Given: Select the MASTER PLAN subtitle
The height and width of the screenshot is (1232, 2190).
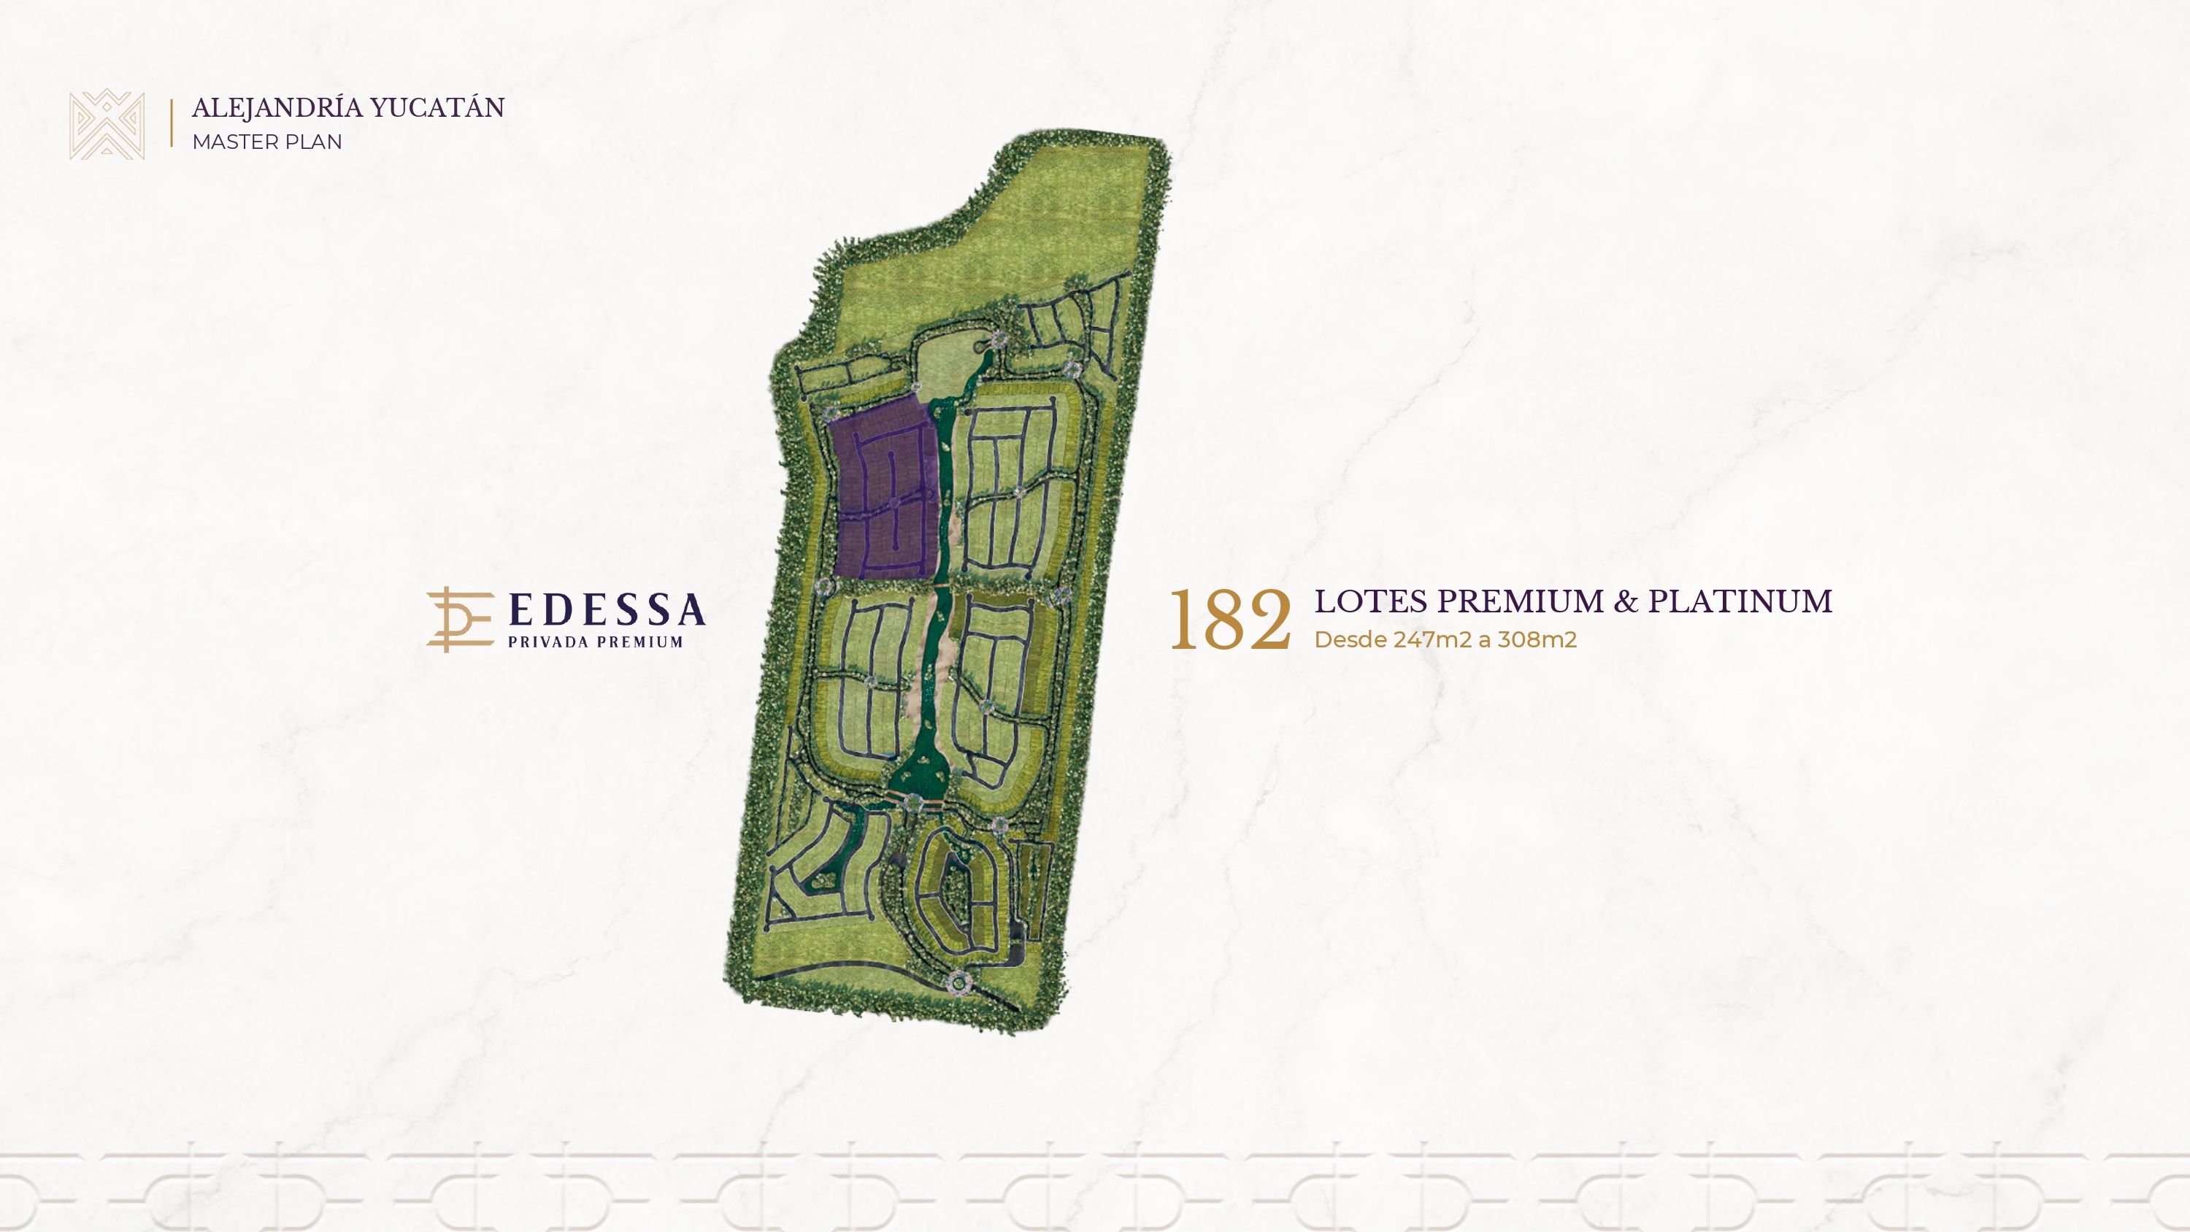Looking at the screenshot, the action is click(267, 142).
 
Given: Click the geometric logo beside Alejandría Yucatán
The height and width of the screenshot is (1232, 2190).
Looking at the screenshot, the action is click(107, 124).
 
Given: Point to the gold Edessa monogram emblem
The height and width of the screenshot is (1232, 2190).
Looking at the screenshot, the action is click(459, 620).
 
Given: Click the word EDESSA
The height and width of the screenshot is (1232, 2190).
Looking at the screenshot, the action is click(607, 609).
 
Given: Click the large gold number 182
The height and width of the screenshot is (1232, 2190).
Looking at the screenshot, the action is click(1229, 620).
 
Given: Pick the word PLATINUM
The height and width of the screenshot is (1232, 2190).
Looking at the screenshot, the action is click(1740, 601).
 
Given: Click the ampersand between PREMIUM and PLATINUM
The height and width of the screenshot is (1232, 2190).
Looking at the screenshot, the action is click(1626, 601).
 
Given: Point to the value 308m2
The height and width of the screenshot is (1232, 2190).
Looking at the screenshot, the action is click(1537, 639).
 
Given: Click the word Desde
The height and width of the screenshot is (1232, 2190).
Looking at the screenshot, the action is click(1350, 639).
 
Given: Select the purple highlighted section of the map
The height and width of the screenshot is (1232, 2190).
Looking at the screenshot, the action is click(884, 493).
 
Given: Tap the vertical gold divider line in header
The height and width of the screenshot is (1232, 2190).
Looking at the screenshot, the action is click(172, 124).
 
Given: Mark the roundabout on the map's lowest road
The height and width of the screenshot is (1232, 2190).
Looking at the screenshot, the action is click(960, 983).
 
